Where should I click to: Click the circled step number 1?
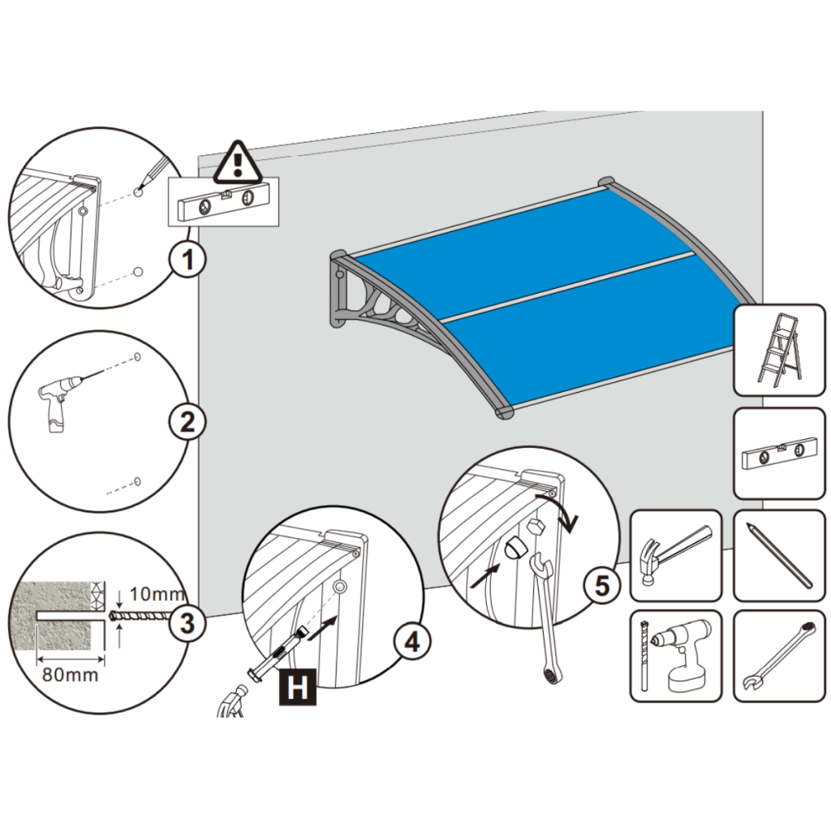coord(187,261)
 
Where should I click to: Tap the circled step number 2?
coord(187,422)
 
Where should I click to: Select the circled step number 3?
coord(187,624)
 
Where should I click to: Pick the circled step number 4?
coord(411,642)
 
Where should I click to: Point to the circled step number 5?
coord(601,585)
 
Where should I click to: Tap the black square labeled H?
coord(298,689)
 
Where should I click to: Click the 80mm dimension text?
coord(70,674)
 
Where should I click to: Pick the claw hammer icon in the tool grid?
coord(675,553)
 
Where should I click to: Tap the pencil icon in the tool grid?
coord(777,555)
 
